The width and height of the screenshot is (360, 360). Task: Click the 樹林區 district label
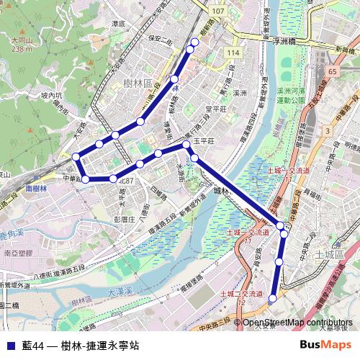point(137,84)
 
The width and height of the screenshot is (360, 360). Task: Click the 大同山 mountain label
point(22,41)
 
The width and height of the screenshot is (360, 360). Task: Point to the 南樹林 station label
point(36,188)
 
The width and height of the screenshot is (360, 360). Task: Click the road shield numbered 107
point(220,12)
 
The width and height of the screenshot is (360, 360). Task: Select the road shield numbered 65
point(332,72)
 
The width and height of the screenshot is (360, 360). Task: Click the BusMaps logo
point(325,345)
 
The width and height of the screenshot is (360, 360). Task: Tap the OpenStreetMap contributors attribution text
point(297,322)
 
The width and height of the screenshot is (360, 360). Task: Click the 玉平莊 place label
point(204,143)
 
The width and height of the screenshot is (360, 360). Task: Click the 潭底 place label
point(119,24)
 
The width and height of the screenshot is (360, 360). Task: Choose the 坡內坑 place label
point(32,94)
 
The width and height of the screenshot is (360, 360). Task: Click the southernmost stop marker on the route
point(273,298)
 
